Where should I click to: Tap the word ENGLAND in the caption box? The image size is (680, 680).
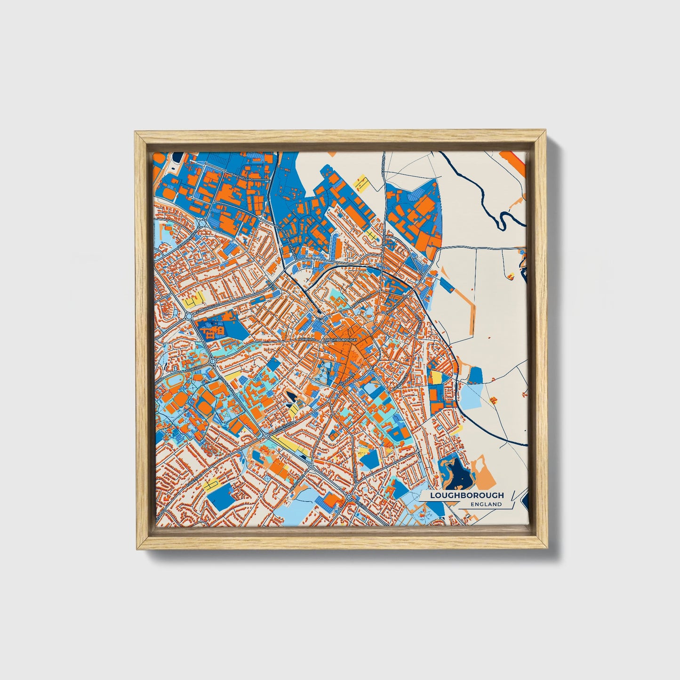pyautogui.click(x=486, y=504)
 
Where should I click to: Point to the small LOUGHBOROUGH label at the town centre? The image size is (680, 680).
pyautogui.click(x=341, y=339)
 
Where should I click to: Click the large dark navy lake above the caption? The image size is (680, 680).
pyautogui.click(x=458, y=478)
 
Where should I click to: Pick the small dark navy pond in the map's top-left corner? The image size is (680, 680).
pyautogui.click(x=172, y=157)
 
